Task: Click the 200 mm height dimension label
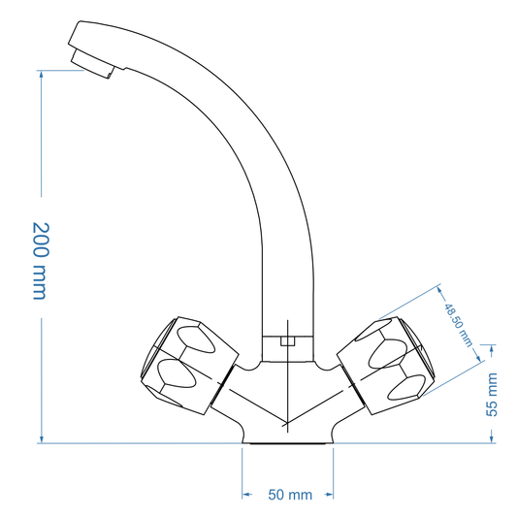coord(40,260)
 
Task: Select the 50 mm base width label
coord(290,496)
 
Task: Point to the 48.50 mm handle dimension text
coord(457,324)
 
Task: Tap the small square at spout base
coord(286,340)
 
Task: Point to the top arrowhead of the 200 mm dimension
coord(41,73)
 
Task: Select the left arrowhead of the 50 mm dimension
coord(245,496)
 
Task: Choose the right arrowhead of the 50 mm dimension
coord(335,496)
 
